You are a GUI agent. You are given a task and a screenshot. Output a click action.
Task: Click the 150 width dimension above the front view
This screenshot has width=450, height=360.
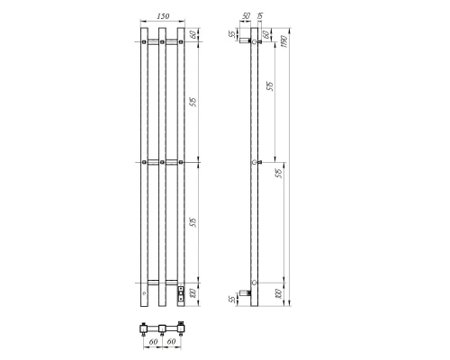[162, 17]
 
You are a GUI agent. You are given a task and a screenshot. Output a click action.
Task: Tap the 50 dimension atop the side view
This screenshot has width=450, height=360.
[247, 14]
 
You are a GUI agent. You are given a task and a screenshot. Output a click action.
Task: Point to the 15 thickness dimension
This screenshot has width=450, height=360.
[261, 13]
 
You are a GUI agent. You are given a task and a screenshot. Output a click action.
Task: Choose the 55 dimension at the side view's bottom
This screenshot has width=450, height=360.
[231, 298]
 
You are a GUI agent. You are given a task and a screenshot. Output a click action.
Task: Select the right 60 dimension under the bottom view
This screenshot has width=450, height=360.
[172, 342]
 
